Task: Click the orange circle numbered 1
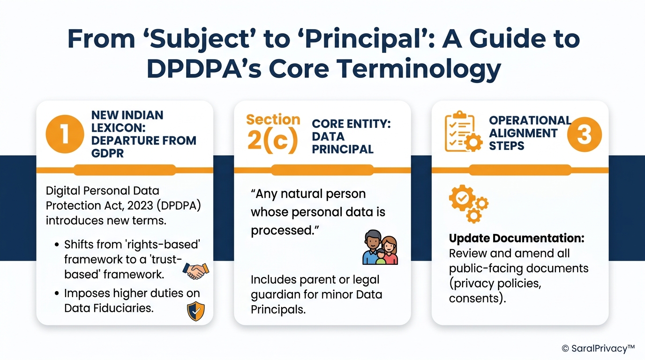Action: click(64, 134)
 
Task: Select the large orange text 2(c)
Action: click(272, 141)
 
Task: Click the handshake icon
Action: click(195, 270)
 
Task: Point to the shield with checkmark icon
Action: click(195, 311)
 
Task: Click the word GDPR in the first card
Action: click(107, 153)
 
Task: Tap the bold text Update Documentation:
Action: click(517, 238)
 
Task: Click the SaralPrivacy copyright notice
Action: click(598, 348)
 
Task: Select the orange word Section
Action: click(273, 120)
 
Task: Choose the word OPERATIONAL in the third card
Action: click(530, 120)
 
